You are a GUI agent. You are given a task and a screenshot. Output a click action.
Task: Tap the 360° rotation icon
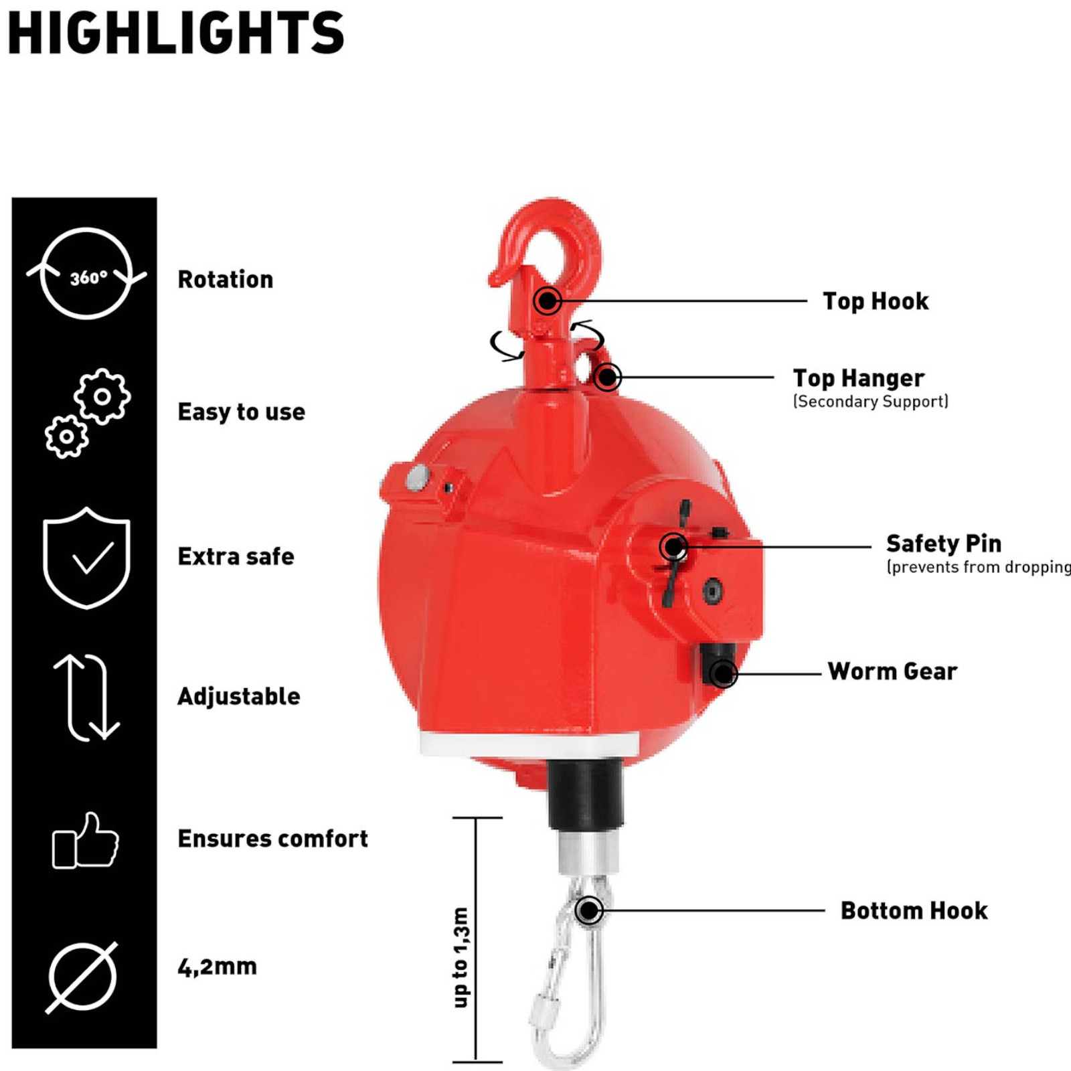pos(86,274)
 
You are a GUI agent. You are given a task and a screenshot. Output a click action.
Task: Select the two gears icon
pos(88,413)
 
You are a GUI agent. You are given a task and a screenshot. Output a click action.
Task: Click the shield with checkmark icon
pos(86,558)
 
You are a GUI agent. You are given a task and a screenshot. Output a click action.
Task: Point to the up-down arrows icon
pos(86,697)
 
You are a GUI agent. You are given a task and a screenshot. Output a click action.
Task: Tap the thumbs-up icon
pos(86,840)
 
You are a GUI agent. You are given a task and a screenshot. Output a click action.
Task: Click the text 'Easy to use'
pos(242,412)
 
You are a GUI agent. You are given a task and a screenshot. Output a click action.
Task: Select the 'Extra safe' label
pos(236,556)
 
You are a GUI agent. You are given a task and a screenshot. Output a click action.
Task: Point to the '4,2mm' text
pos(218,967)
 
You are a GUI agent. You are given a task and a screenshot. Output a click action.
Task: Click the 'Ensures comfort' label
pos(273,839)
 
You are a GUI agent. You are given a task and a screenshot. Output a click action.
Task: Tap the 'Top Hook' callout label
pos(876,301)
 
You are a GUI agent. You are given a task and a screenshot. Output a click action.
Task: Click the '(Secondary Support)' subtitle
pos(871,402)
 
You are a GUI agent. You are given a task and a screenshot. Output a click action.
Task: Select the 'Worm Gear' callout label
pos(892,671)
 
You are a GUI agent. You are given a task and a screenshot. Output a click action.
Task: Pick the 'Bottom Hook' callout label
pos(914,910)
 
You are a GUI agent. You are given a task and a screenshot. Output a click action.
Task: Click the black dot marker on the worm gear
pos(723,673)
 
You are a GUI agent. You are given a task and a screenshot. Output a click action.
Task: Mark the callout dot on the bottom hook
pos(589,910)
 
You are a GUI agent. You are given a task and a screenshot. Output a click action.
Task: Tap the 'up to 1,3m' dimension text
pos(461,957)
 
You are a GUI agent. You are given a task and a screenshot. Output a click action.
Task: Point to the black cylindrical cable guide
pos(586,795)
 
